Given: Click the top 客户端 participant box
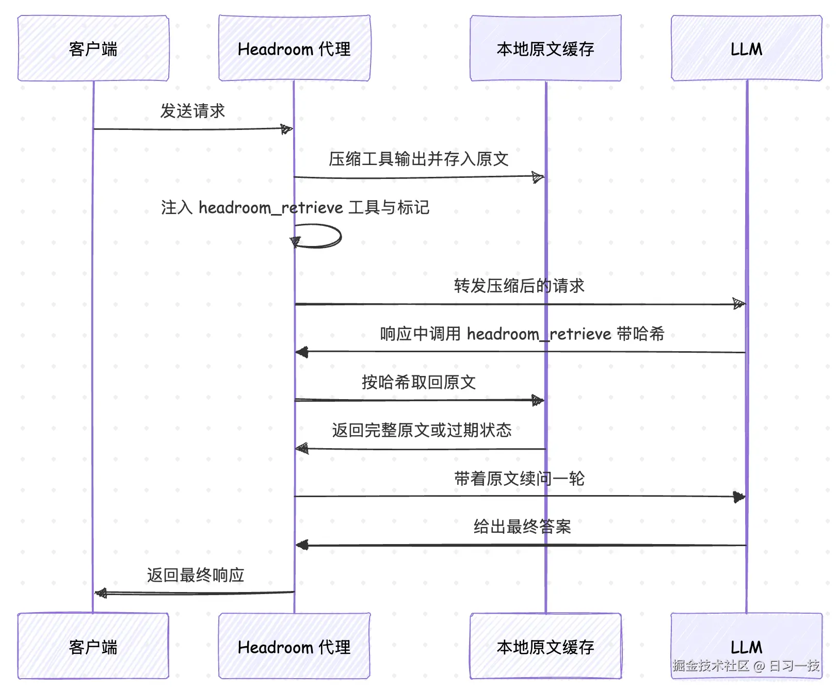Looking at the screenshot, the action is point(93,48).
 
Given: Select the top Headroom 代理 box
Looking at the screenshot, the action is point(294,48).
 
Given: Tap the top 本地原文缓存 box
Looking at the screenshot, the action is point(545,48).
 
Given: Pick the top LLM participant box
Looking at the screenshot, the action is point(746,48).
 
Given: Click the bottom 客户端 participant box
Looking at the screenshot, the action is point(93,646).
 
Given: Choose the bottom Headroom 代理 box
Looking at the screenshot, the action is point(294,646).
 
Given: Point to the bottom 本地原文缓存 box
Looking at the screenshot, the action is point(545,646).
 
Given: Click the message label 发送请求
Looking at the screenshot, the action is point(192,111).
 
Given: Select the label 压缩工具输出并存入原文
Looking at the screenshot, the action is point(419,159).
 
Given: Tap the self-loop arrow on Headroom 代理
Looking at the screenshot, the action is point(341,236).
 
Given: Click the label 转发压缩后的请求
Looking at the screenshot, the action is point(519,286).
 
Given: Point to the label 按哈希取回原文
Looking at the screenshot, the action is point(419,382).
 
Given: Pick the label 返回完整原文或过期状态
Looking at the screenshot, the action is point(422,430).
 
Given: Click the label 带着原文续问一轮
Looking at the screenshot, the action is point(519,479).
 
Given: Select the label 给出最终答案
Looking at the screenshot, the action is point(522,527).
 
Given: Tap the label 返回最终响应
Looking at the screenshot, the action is point(196,575).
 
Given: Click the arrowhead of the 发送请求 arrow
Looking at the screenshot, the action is point(287,129).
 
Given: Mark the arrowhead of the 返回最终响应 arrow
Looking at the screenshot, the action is point(101,594).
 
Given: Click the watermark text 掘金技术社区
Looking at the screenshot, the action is point(711,666).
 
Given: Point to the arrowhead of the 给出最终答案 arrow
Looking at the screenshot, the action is point(302,545).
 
